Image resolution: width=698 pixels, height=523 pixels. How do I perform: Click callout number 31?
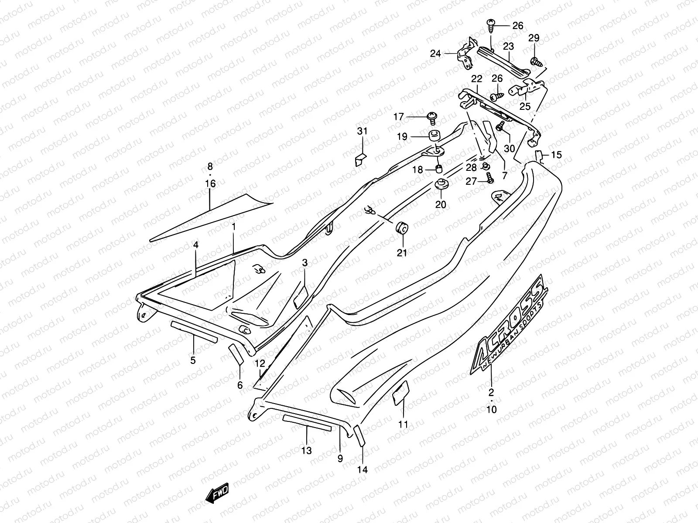pos(363,131)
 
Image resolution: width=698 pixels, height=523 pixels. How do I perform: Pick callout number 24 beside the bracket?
pos(436,54)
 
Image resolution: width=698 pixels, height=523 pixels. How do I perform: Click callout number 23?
pos(509,46)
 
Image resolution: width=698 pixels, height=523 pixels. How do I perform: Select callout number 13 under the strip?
pos(307,451)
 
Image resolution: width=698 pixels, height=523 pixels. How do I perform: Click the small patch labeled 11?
pos(401,391)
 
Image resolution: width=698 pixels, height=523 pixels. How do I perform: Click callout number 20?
pos(441,204)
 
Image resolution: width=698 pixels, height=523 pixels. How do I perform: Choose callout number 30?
pos(509,148)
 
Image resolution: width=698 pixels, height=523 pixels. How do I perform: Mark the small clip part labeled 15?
pos(540,155)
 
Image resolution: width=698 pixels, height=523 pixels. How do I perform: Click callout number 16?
pos(210,183)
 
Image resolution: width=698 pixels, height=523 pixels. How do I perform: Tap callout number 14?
pos(363,470)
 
